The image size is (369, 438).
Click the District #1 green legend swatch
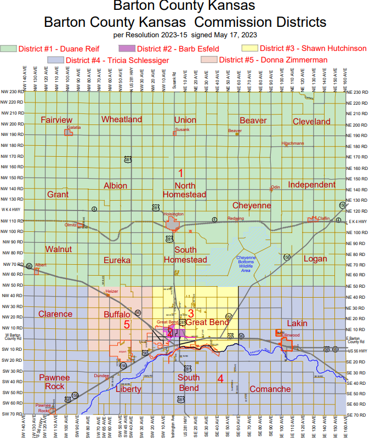[x=9, y=49]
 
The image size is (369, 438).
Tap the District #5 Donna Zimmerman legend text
[x=273, y=60]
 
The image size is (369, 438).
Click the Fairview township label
[x=56, y=120]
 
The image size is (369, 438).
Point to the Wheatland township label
[x=121, y=119]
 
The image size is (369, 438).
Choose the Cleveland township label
[x=311, y=121]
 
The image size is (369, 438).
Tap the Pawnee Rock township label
[x=54, y=382]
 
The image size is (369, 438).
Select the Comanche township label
[x=270, y=389]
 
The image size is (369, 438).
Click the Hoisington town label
[x=173, y=214]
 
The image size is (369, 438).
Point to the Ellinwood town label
[x=291, y=334]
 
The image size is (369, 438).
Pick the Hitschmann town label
[x=293, y=143]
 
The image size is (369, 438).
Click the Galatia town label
[x=73, y=127]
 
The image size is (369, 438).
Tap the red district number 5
[x=126, y=325]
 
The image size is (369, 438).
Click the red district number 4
[x=220, y=378]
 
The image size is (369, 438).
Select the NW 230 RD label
[x=12, y=92]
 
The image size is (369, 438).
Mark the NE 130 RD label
[x=356, y=200]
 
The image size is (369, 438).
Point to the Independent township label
[x=311, y=185]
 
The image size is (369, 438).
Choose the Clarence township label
[x=55, y=314]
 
